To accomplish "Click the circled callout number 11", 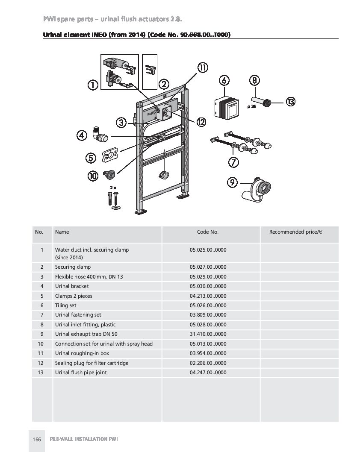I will click(202, 68).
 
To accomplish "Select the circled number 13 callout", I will click(290, 101).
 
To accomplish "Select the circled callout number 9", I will click(232, 182).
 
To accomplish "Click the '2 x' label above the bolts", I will click(113, 188).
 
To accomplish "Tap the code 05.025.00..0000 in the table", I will click(208, 249).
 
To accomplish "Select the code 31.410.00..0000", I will click(208, 334).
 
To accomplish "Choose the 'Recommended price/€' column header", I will click(295, 232).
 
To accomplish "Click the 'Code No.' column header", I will click(208, 232).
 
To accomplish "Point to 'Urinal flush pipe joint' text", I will click(81, 373).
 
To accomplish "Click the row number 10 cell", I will click(41, 344).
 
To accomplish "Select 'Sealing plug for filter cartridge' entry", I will click(91, 363).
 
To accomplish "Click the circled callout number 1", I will click(92, 85).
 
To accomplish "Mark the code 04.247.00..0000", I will click(208, 373).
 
